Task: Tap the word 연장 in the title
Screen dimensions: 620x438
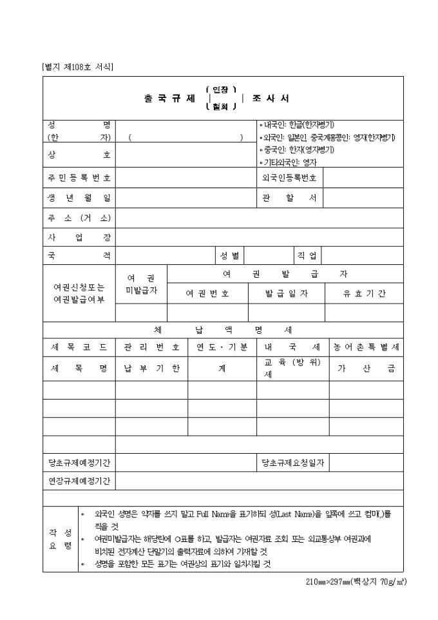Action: pos(220,90)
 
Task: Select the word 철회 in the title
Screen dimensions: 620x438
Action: pos(220,107)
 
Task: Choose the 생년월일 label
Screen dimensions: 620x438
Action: pos(79,198)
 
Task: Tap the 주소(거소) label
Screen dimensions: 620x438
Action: pos(79,218)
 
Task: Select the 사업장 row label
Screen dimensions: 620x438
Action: pos(79,237)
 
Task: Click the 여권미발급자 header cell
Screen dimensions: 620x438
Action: pos(141,284)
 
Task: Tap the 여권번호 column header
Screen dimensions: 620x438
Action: pos(207,293)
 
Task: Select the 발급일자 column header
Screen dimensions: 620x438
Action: pos(287,293)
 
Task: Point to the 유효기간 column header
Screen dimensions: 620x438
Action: pos(364,293)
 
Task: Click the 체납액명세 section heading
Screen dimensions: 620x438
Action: pos(223,329)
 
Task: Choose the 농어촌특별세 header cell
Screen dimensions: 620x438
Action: pos(366,347)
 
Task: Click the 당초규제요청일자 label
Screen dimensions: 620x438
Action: pos(292,462)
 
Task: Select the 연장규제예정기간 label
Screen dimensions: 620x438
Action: pos(79,481)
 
